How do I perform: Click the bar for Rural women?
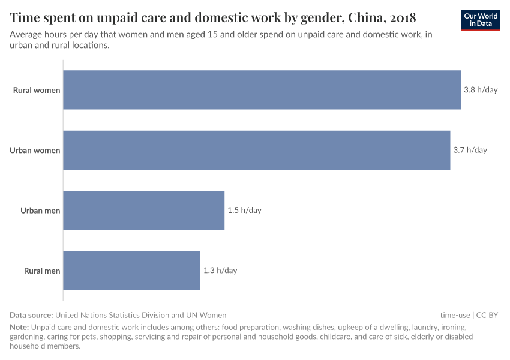(262, 90)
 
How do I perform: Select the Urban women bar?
(256, 150)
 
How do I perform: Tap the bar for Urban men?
(143, 210)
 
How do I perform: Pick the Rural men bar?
(131, 270)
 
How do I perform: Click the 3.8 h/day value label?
(481, 90)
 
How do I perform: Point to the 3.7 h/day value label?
(470, 150)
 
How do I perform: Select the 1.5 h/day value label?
(244, 210)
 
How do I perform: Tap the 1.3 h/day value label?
(220, 270)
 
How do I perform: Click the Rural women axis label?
(37, 91)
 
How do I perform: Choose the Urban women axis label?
(35, 151)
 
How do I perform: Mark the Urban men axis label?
(40, 211)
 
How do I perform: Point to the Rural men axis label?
(42, 271)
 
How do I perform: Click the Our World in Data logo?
(481, 20)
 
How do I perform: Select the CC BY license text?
(487, 315)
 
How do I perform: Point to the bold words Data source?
(31, 315)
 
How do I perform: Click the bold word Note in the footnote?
(19, 328)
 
